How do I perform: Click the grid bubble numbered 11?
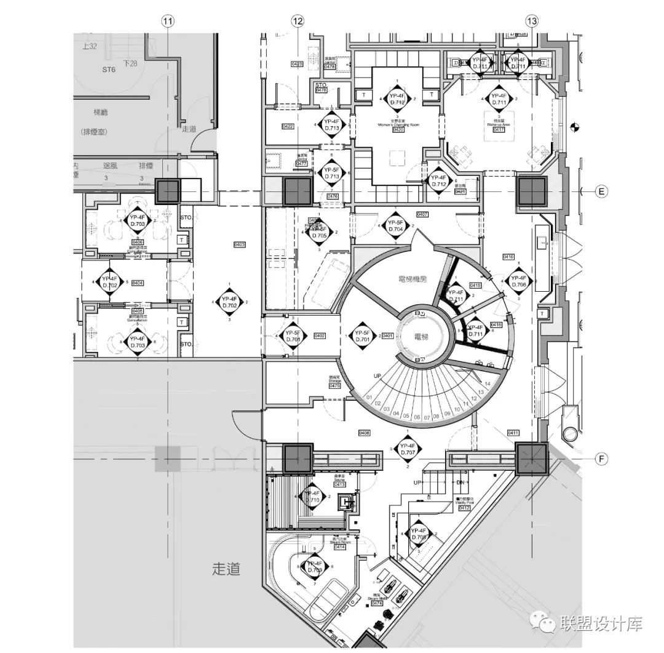(x=168, y=21)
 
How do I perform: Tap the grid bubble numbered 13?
(x=531, y=21)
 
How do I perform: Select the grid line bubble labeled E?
(x=602, y=192)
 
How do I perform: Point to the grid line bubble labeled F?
(x=602, y=459)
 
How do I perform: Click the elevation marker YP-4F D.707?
(x=408, y=449)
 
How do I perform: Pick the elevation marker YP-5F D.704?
(x=395, y=226)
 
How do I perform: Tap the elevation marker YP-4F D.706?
(x=519, y=281)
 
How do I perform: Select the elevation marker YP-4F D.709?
(x=314, y=567)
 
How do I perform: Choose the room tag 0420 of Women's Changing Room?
(x=398, y=130)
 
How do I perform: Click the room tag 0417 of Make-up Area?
(x=499, y=129)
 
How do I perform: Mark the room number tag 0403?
(x=240, y=245)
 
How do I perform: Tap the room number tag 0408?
(x=364, y=433)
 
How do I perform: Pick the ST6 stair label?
(x=109, y=70)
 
